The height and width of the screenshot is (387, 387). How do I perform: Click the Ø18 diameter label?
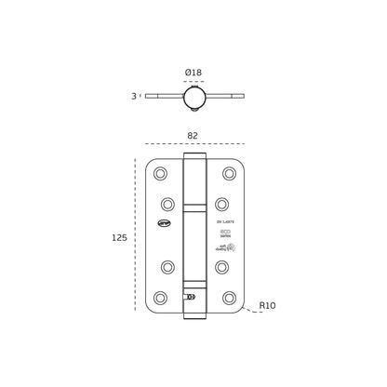(x=193, y=73)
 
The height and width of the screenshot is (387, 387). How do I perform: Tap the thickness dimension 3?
(x=134, y=97)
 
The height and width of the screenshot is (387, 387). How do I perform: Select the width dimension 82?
(x=193, y=136)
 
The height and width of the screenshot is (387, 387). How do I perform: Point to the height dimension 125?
(x=119, y=238)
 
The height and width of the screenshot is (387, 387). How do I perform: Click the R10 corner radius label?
(x=267, y=306)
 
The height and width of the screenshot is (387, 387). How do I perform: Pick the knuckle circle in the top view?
(x=194, y=98)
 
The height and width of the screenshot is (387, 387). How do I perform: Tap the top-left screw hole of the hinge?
(x=160, y=174)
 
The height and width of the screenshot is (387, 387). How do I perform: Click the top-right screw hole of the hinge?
(x=229, y=174)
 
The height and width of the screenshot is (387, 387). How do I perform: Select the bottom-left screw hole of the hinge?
(x=160, y=298)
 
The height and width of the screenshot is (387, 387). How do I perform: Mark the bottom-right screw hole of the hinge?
(x=229, y=298)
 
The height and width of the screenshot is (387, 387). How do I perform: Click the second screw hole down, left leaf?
(x=167, y=205)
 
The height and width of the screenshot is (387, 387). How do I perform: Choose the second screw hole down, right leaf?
(x=221, y=205)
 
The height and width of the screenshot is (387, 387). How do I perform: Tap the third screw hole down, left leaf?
(x=167, y=267)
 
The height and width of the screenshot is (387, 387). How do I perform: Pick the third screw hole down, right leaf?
(x=221, y=267)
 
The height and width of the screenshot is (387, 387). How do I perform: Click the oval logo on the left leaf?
(x=165, y=223)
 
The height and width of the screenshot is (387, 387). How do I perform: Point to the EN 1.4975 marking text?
(x=225, y=222)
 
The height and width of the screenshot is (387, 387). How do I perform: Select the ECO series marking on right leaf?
(x=225, y=233)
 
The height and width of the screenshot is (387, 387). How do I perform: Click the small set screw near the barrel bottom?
(x=191, y=297)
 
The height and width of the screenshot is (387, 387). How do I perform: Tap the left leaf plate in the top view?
(x=164, y=96)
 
